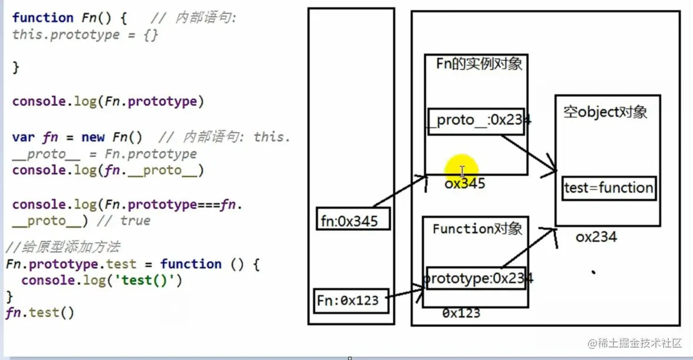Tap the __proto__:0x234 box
476,121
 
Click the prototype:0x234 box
475,278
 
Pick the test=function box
609,188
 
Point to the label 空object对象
605,112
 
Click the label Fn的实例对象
479,64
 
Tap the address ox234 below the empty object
596,237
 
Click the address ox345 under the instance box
465,184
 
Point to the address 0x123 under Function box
461,313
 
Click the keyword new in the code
93,137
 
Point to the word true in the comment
135,221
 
